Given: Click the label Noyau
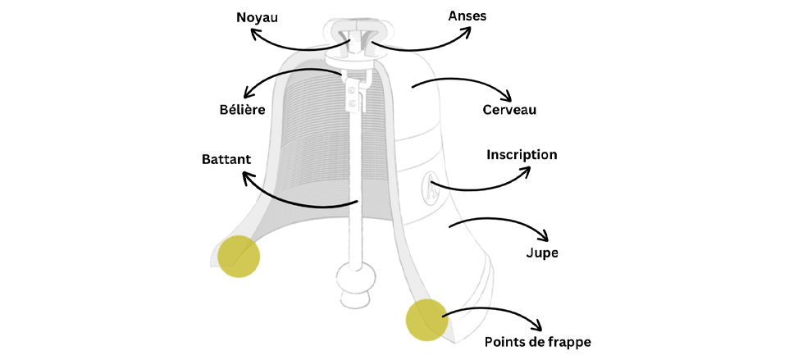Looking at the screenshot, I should (257, 16).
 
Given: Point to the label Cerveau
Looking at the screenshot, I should (509, 109).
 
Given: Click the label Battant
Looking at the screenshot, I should (226, 158).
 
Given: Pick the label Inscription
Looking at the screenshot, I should (522, 154).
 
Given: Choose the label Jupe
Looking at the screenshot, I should (541, 253).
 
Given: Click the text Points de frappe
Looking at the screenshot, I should (537, 341).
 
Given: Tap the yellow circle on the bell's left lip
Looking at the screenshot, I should (239, 256).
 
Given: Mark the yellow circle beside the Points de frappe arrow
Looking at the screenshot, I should (427, 319).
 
